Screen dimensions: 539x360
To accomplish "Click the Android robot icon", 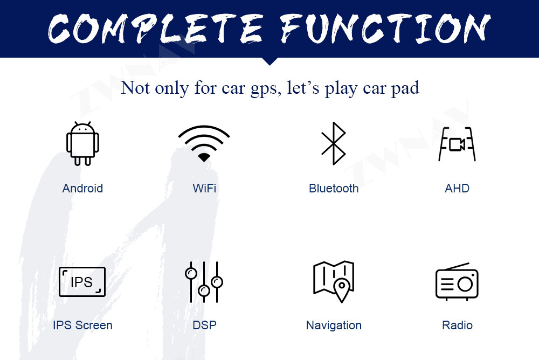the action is (82, 144).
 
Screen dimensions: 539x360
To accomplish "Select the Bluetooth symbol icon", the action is (334, 143).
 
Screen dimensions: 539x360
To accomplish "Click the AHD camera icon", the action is (457, 144).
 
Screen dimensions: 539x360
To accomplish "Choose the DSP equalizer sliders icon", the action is (204, 282).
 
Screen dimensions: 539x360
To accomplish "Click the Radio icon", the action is (457, 282).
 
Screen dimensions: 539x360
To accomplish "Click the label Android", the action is (82, 189).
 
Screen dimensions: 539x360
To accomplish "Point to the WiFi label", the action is (204, 189).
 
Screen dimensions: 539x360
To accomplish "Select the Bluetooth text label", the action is (334, 189).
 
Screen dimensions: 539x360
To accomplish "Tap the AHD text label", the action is (457, 189).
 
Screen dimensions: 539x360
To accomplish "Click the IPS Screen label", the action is (82, 326).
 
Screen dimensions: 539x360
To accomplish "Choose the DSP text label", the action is (204, 326).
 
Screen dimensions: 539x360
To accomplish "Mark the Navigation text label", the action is (334, 326).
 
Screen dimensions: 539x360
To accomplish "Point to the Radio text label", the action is (457, 326).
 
